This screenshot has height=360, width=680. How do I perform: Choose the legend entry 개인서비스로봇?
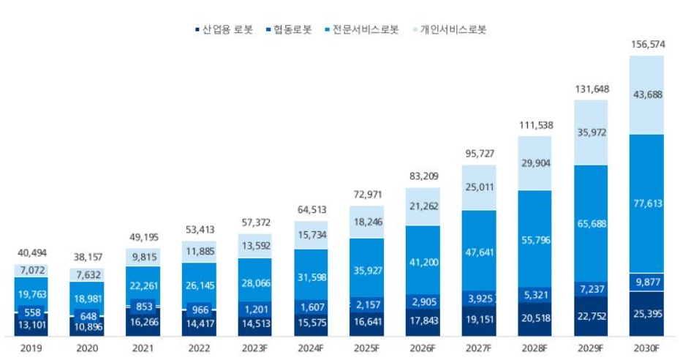[448, 30]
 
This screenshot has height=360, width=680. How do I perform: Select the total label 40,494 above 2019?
[31, 254]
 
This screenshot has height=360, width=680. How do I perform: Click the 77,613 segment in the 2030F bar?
[647, 203]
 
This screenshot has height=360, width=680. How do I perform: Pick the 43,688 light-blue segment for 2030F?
[647, 95]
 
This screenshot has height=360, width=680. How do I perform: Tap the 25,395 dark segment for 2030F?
[647, 314]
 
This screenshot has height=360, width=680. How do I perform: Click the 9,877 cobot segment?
[647, 282]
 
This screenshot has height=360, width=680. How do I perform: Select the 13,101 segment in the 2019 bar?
[31, 326]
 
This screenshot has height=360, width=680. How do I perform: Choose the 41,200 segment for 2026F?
[423, 261]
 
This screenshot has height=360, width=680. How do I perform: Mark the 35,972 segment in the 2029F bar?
[591, 132]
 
